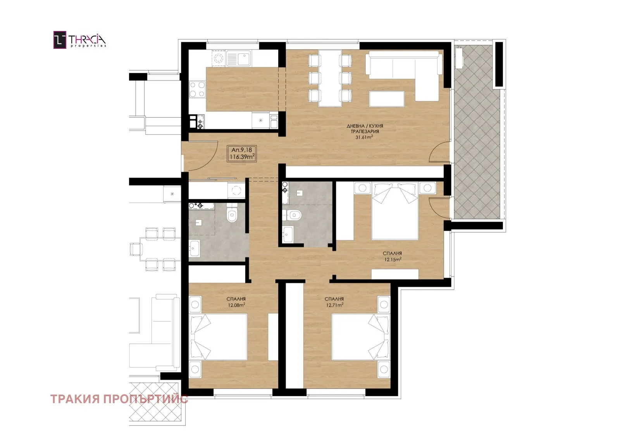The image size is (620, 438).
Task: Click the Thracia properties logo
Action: (x=80, y=40)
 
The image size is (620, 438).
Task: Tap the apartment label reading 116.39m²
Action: (x=242, y=157)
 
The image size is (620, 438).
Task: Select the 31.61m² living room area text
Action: (x=364, y=137)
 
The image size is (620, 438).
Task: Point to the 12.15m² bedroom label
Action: (x=393, y=259)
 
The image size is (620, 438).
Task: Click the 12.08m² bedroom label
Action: (x=236, y=305)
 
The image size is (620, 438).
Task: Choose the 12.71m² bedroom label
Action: (x=335, y=305)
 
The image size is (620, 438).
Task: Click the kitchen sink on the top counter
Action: (x=238, y=58)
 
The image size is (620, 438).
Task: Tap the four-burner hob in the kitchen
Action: (x=197, y=89)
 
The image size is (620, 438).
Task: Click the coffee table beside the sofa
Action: (x=387, y=99)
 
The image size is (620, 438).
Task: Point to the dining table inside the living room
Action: (x=330, y=78)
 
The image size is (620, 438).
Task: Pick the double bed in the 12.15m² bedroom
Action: (x=395, y=211)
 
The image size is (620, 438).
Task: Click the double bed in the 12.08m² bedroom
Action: (x=218, y=337)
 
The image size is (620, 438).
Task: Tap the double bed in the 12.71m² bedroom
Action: (x=360, y=337)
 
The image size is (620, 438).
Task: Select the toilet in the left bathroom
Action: (x=232, y=213)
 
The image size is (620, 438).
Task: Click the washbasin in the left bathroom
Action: (x=194, y=248)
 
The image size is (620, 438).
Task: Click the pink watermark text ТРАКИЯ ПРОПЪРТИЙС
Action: (x=119, y=399)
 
